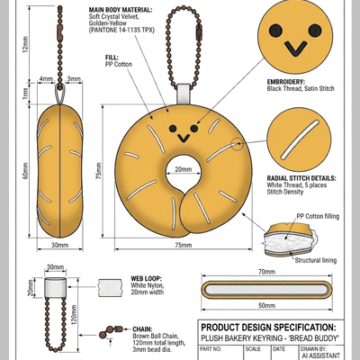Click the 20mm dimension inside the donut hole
click(x=183, y=169)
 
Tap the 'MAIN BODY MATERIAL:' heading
click(x=121, y=10)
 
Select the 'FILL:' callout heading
click(x=112, y=58)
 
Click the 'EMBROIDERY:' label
click(x=285, y=82)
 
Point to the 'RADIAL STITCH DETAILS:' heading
click(x=301, y=178)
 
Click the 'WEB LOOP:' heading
click(x=146, y=279)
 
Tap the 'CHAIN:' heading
click(x=142, y=329)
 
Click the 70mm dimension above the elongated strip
click(x=266, y=272)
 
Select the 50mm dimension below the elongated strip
click(x=266, y=306)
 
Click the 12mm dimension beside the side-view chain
click(x=25, y=44)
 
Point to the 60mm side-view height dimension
click(x=25, y=171)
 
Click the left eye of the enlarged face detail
click(x=275, y=31)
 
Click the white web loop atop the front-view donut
click(x=184, y=94)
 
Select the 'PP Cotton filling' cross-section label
click(x=318, y=216)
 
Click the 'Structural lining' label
click(x=315, y=260)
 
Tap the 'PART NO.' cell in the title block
click(x=211, y=349)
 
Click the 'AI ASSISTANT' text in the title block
click(x=321, y=355)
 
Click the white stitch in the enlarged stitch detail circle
click(x=300, y=139)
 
